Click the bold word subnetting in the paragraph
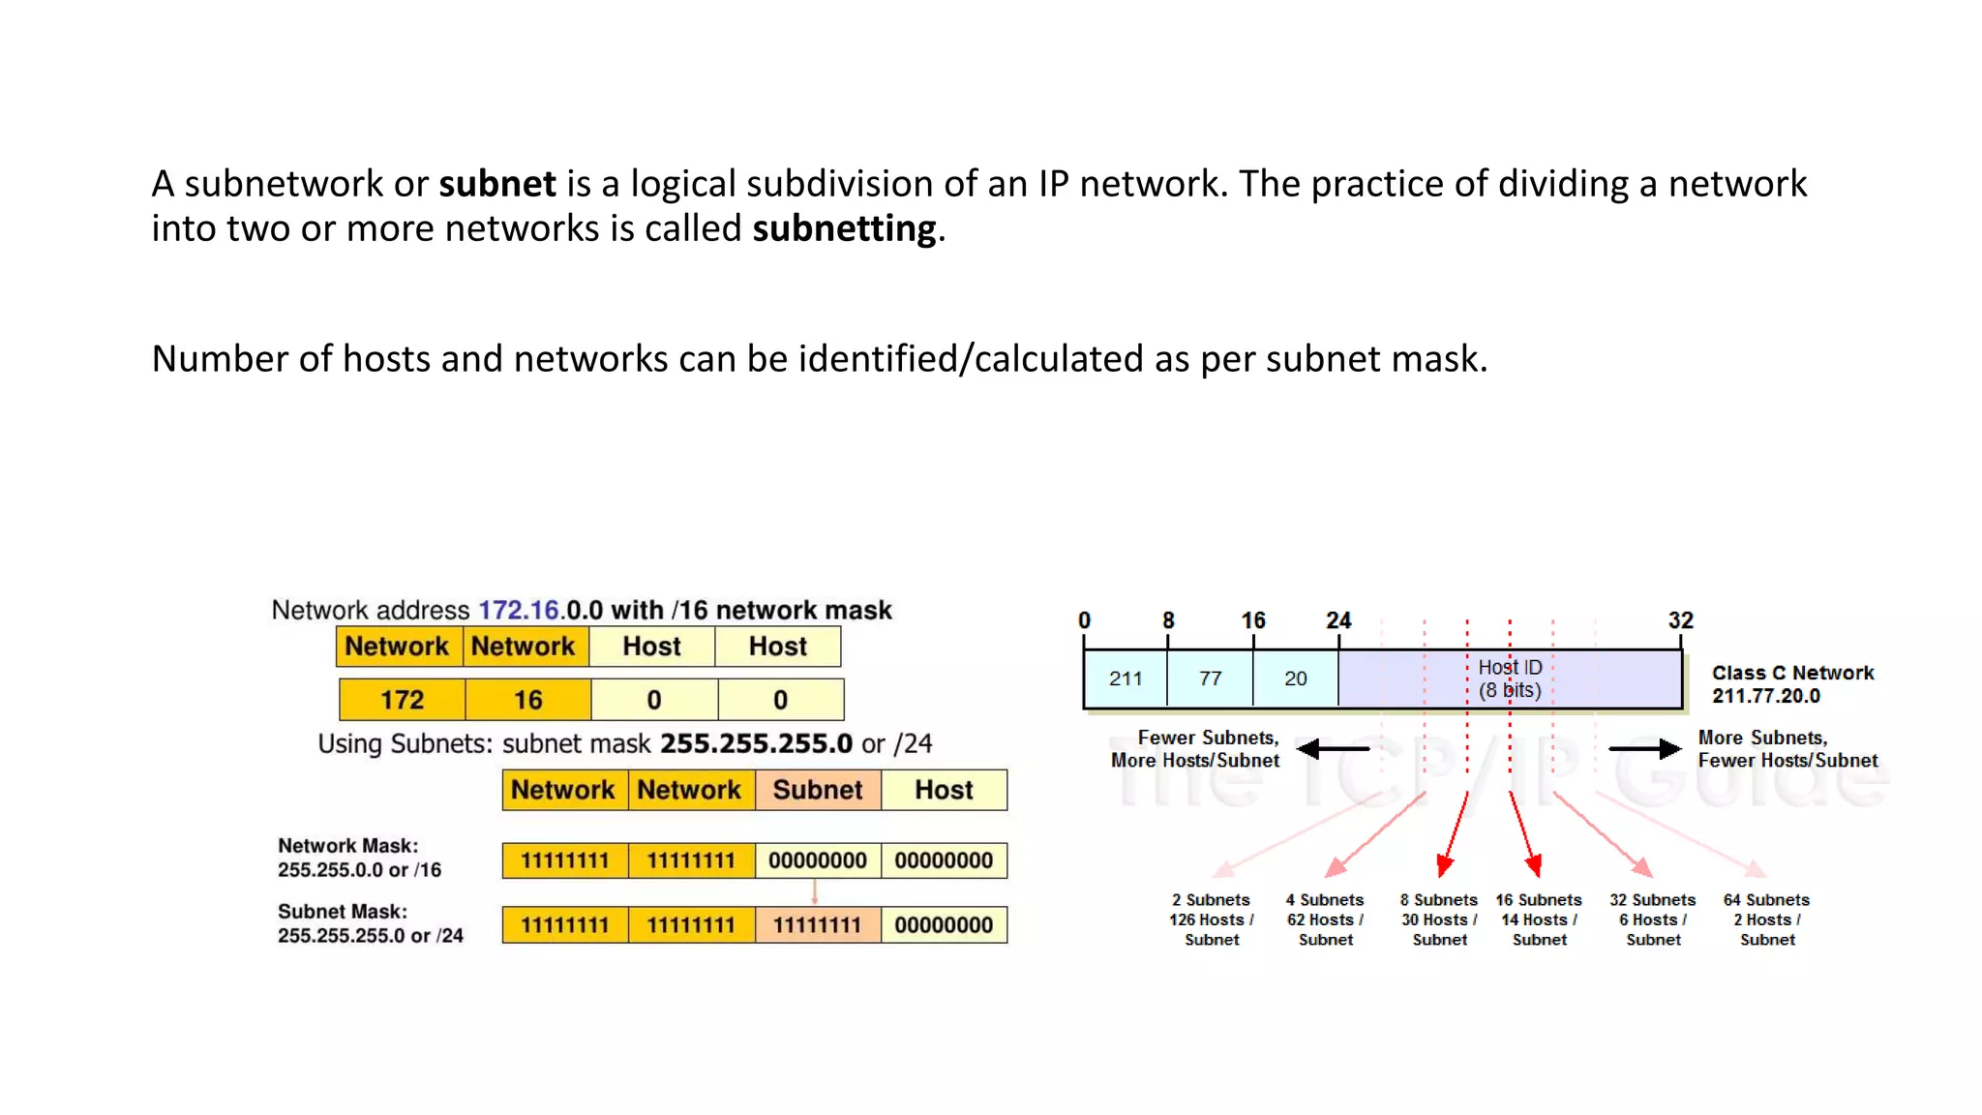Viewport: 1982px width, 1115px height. point(844,229)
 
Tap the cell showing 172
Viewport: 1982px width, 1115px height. point(402,700)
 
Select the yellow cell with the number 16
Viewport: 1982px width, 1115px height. point(527,700)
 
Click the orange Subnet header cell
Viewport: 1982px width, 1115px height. point(818,790)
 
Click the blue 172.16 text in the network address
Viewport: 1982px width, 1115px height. point(519,611)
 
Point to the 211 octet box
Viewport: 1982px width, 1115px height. point(1126,678)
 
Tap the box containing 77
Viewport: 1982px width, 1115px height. point(1210,678)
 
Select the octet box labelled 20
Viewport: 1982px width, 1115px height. point(1295,678)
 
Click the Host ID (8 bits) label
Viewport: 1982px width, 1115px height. point(1510,678)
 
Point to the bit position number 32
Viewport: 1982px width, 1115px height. point(1680,620)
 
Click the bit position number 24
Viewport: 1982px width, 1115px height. point(1338,620)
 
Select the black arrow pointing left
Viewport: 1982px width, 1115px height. point(1333,748)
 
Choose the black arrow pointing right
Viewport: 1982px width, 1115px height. point(1644,748)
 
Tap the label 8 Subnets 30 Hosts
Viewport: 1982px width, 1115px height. point(1439,919)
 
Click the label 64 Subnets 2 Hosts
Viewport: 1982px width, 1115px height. point(1766,919)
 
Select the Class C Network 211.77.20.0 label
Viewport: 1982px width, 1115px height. point(1792,684)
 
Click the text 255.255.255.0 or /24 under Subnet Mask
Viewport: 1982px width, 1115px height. point(371,936)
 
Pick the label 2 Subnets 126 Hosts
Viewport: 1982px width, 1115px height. point(1212,919)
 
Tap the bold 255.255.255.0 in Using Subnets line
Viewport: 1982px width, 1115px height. point(756,743)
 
